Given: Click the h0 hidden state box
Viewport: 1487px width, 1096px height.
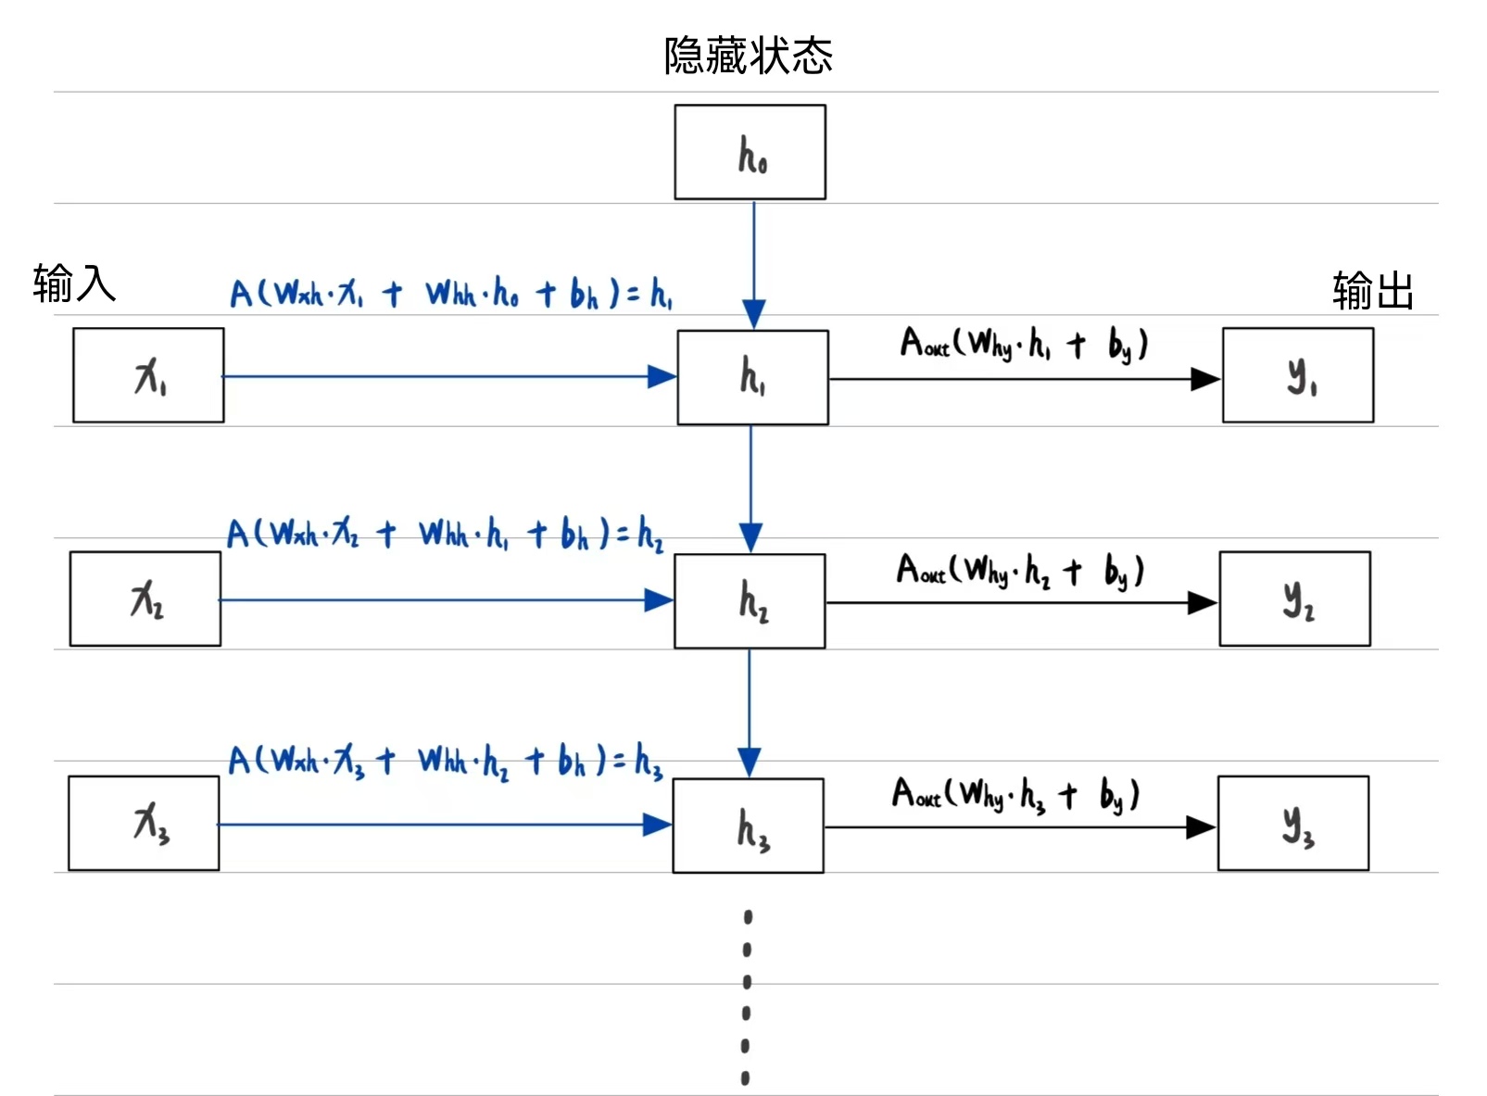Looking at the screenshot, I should pos(750,152).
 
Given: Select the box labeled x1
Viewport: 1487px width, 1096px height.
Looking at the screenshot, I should pos(148,375).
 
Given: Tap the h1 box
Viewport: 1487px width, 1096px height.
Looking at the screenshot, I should pos(752,377).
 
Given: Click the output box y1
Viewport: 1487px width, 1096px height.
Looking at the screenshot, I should pos(1297,375).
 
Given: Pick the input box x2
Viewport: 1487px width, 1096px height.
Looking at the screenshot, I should pos(145,598).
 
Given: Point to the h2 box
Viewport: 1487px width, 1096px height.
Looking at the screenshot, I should pos(750,600).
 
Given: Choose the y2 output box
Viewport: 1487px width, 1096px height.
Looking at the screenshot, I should pos(1294,598).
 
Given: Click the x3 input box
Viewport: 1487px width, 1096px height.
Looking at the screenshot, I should pos(144,823).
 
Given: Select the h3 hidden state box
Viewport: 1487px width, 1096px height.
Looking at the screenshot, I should pos(748,825).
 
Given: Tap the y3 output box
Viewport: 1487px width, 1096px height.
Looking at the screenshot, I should pos(1292,823).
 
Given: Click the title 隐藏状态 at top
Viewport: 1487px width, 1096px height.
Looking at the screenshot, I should pos(748,56).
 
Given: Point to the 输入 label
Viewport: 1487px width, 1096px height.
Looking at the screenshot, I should pos(74,283).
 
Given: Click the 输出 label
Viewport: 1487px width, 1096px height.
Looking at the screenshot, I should pos(1372,290).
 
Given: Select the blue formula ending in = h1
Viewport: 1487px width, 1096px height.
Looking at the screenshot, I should pos(450,294).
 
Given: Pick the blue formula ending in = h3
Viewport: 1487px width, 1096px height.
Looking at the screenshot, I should pos(445,762).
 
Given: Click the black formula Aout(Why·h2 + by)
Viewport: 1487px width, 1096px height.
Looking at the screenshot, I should pos(1020,570).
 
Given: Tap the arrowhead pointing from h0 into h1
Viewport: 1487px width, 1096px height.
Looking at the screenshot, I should pos(754,314).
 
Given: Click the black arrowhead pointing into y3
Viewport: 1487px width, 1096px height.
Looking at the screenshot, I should pos(1202,827).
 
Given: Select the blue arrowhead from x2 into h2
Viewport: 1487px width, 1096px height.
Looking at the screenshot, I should pos(659,600).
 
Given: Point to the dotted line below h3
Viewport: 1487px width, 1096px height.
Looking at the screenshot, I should pos(747,996).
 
